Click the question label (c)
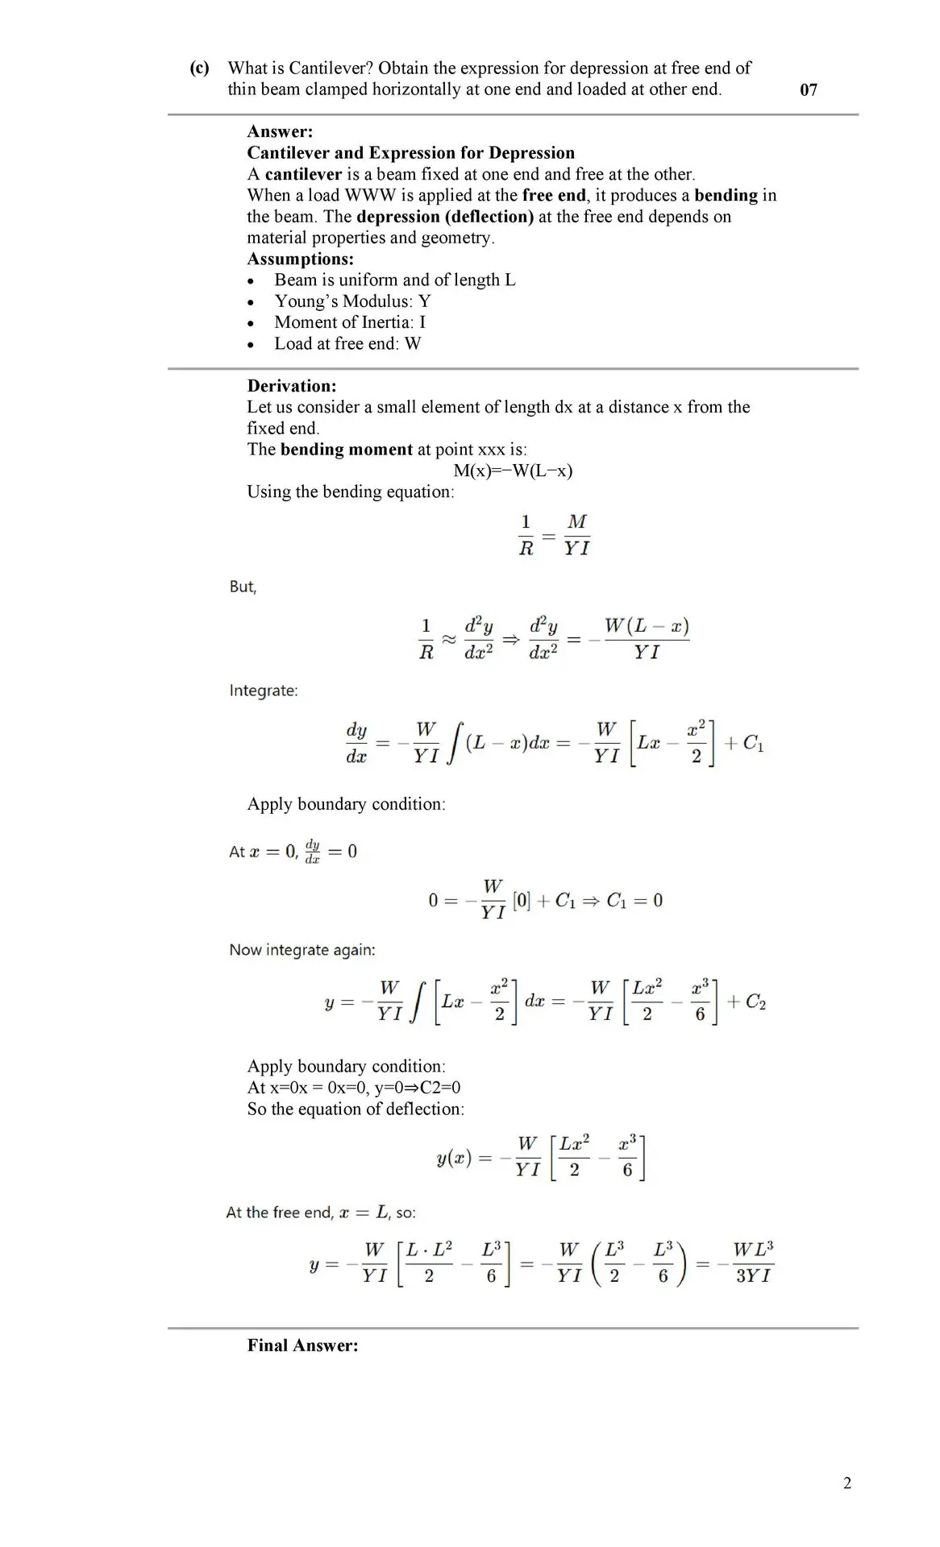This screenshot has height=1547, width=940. pos(199,68)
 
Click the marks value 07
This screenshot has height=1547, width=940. pos(808,90)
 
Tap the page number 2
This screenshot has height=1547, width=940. pos(846,1483)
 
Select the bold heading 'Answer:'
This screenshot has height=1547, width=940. pos(280,131)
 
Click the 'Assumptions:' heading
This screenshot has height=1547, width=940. pos(300,259)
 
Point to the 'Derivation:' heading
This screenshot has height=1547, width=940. pos(291,386)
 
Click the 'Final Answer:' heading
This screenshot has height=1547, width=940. pos(302,1346)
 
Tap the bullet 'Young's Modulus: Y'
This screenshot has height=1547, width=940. pos(352,301)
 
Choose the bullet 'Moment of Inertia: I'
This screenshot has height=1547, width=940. pos(350,322)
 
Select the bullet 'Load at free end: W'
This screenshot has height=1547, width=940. pos(347,344)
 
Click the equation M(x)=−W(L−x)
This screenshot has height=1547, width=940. pos(513,471)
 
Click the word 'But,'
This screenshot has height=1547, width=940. pos(243,587)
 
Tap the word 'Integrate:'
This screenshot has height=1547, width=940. pos(264,691)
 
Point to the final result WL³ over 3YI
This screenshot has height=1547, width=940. pos(753,1263)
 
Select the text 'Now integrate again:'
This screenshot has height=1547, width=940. pos(302,950)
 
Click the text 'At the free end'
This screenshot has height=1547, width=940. pos(279,1213)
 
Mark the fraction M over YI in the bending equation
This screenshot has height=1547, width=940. pos(576,535)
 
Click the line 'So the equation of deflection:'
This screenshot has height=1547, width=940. pos(356,1109)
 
